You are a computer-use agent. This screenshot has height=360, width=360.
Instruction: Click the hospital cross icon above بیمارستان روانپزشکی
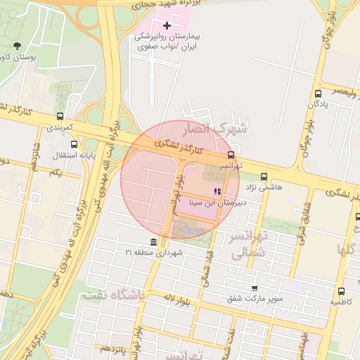tap(167, 26)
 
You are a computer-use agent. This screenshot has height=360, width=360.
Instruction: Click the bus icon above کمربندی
tap(60, 117)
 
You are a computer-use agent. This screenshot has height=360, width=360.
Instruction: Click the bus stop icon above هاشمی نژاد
tap(264, 176)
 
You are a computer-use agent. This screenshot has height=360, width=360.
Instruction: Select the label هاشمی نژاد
tap(262, 188)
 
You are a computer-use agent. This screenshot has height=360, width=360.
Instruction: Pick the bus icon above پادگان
tap(318, 94)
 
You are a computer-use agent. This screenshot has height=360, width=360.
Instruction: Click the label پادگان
tap(319, 105)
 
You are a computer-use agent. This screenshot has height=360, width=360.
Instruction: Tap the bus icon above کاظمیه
tap(341, 291)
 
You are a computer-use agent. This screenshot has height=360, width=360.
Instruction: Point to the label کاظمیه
tap(341, 302)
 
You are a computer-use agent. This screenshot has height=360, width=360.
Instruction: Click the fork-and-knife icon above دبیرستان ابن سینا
tap(217, 191)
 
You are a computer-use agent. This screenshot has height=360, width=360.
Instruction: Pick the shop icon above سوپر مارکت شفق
tap(254, 288)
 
